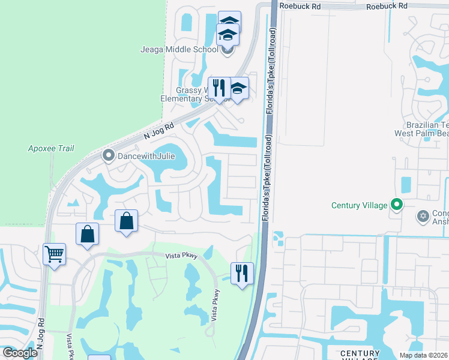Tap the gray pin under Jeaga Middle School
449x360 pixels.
[x=227, y=50]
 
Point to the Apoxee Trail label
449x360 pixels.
[x=51, y=148]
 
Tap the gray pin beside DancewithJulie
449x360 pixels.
[x=109, y=157]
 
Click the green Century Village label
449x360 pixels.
[x=360, y=205]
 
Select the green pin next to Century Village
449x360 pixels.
[x=396, y=205]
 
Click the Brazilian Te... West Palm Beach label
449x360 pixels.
[x=421, y=128]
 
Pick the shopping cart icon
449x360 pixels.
[x=54, y=254]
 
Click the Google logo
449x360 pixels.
[x=20, y=353]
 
